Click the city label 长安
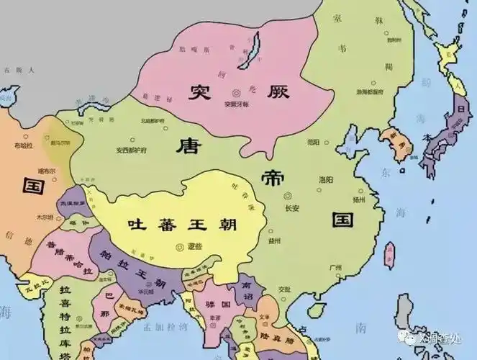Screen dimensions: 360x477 293,208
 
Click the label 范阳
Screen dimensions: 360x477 312,143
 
